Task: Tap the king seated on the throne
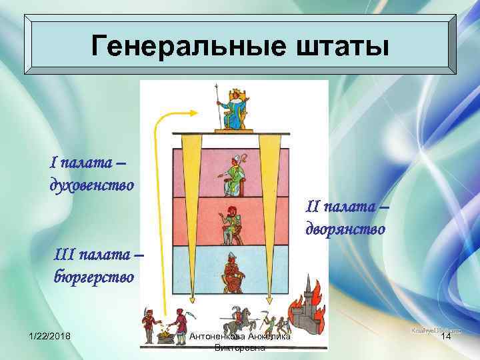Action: point(233,108)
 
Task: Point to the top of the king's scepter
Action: point(215,87)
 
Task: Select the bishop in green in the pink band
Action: point(231,175)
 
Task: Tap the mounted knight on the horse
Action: point(233,320)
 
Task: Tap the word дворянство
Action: point(345,229)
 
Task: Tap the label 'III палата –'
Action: point(97,254)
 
